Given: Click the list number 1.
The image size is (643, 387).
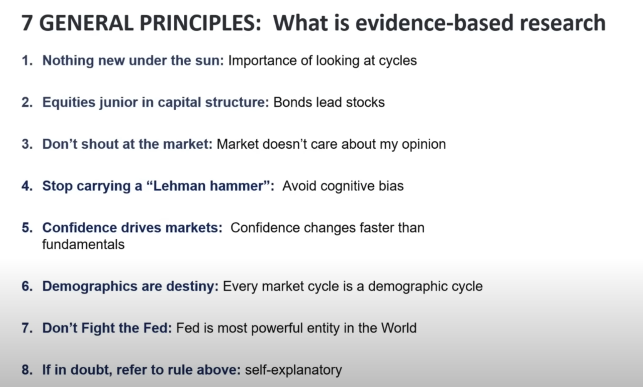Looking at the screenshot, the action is coord(27,60).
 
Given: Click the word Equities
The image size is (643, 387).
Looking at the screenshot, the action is coord(69,102).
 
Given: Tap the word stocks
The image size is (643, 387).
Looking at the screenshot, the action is coord(365,102).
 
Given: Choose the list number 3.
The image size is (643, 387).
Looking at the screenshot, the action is coord(27,144).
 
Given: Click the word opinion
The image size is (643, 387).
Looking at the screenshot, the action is coord(424,144).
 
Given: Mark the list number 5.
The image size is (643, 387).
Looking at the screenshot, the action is coord(27,228).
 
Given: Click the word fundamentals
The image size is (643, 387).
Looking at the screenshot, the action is coord(83,244).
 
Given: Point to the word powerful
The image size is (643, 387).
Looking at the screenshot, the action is coord(277,328).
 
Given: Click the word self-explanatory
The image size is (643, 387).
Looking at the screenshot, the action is coord(293,370).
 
